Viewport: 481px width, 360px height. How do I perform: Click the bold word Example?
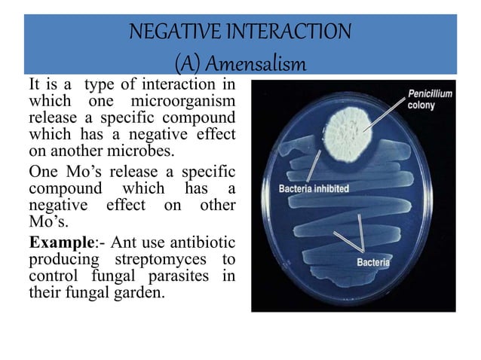(x=55, y=243)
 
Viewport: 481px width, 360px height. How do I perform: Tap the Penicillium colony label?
(x=430, y=99)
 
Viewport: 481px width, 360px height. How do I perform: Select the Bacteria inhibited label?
(x=314, y=188)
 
